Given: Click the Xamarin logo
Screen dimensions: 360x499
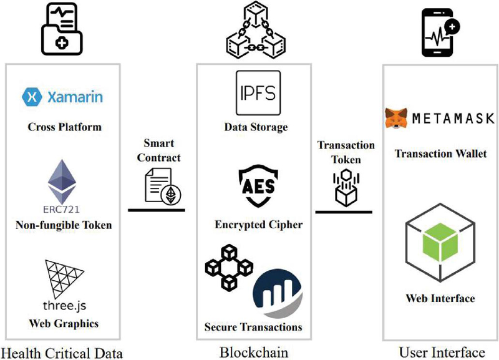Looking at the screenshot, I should pyautogui.click(x=62, y=97).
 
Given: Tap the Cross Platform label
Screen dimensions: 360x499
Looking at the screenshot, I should pyautogui.click(x=64, y=127).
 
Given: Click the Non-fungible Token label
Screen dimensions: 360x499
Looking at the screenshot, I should pyautogui.click(x=64, y=225).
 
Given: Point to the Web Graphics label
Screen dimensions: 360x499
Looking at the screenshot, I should pyautogui.click(x=64, y=323).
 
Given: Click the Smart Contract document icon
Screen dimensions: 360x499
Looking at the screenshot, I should pyautogui.click(x=160, y=185).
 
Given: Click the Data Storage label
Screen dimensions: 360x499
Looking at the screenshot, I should pyautogui.click(x=256, y=127).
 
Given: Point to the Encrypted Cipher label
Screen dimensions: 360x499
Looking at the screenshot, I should pyautogui.click(x=256, y=225).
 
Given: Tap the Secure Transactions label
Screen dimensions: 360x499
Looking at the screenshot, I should pyautogui.click(x=253, y=326).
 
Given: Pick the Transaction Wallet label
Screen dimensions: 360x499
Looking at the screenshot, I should pyautogui.click(x=440, y=153).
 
